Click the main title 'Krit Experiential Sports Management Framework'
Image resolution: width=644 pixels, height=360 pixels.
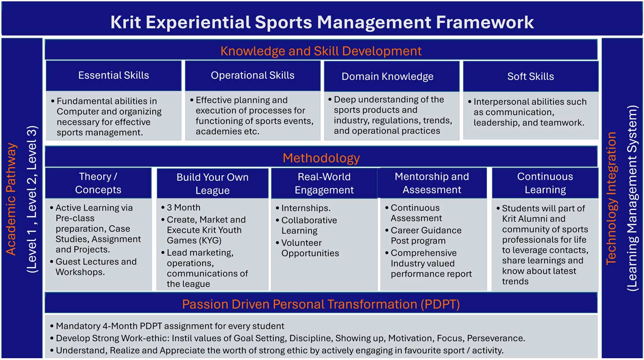click(322, 22)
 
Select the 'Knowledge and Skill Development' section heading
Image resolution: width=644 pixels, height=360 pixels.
click(321, 51)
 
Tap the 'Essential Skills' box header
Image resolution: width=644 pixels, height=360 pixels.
click(113, 76)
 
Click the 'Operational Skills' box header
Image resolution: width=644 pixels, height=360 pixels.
click(253, 76)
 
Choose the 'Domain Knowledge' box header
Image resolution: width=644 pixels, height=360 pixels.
click(387, 76)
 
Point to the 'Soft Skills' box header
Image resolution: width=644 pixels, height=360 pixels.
click(531, 76)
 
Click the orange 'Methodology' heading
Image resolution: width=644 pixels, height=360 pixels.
click(321, 158)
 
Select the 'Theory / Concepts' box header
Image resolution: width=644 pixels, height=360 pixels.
click(98, 183)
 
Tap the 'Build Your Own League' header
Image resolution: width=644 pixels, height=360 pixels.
click(213, 184)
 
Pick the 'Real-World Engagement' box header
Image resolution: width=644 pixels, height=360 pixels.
click(324, 183)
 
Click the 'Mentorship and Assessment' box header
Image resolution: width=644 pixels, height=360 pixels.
click(432, 183)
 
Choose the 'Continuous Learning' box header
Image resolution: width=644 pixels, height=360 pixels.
click(545, 183)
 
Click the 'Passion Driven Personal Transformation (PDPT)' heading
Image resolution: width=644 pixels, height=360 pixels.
click(321, 304)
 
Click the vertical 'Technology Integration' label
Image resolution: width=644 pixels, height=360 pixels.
click(611, 198)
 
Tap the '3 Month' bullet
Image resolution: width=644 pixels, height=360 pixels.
click(183, 207)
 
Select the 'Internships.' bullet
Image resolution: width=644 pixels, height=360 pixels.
click(306, 208)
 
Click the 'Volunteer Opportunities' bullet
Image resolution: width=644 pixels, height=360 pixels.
click(310, 248)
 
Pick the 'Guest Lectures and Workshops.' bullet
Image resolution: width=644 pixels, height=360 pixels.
click(95, 266)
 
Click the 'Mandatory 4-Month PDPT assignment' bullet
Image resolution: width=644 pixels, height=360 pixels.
click(170, 326)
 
